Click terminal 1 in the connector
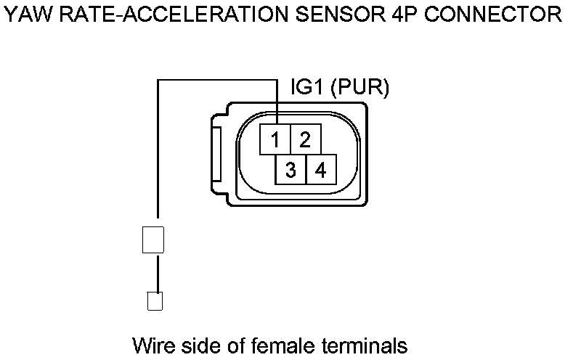point(276,139)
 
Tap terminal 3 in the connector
point(290,170)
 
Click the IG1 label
point(307,88)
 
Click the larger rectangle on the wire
point(153,240)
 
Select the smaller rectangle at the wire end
point(154,300)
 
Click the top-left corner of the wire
point(158,81)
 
